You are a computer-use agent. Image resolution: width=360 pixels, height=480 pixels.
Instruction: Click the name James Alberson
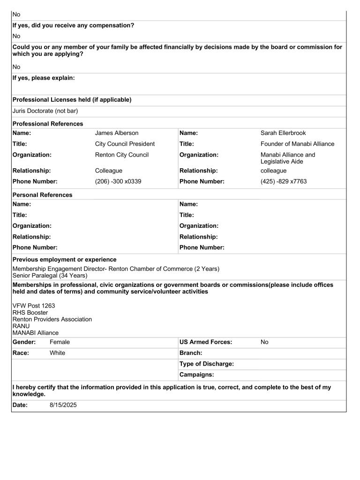click(x=117, y=133)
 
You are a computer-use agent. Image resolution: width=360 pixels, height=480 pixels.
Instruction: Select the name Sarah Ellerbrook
click(x=283, y=133)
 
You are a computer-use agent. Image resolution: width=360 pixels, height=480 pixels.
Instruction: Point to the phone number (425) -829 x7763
click(x=284, y=181)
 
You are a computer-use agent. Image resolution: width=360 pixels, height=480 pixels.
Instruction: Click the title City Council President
click(x=125, y=144)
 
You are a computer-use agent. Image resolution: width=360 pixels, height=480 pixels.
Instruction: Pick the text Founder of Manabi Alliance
click(x=298, y=144)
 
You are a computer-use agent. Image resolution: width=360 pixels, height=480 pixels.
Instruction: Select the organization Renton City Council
click(x=122, y=155)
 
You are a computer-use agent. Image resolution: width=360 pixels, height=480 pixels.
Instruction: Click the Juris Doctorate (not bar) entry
click(x=45, y=111)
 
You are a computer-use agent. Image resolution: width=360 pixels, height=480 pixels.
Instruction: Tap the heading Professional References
click(x=48, y=124)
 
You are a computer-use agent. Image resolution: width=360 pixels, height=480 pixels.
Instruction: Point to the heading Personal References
click(x=43, y=195)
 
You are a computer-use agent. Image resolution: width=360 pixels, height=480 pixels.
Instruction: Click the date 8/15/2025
click(x=63, y=405)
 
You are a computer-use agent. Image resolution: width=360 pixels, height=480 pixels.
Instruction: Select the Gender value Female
click(x=60, y=342)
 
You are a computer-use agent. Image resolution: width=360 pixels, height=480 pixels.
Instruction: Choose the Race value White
click(x=57, y=353)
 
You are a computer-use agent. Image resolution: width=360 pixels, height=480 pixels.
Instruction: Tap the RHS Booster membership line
click(x=30, y=313)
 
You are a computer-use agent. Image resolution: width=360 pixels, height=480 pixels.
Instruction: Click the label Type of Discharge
click(x=207, y=364)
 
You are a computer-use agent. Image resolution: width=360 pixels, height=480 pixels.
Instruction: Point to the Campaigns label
click(x=197, y=375)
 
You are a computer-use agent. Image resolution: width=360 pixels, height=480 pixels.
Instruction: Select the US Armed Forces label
click(x=206, y=342)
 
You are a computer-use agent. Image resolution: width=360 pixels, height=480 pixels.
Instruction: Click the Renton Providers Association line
click(x=52, y=319)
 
